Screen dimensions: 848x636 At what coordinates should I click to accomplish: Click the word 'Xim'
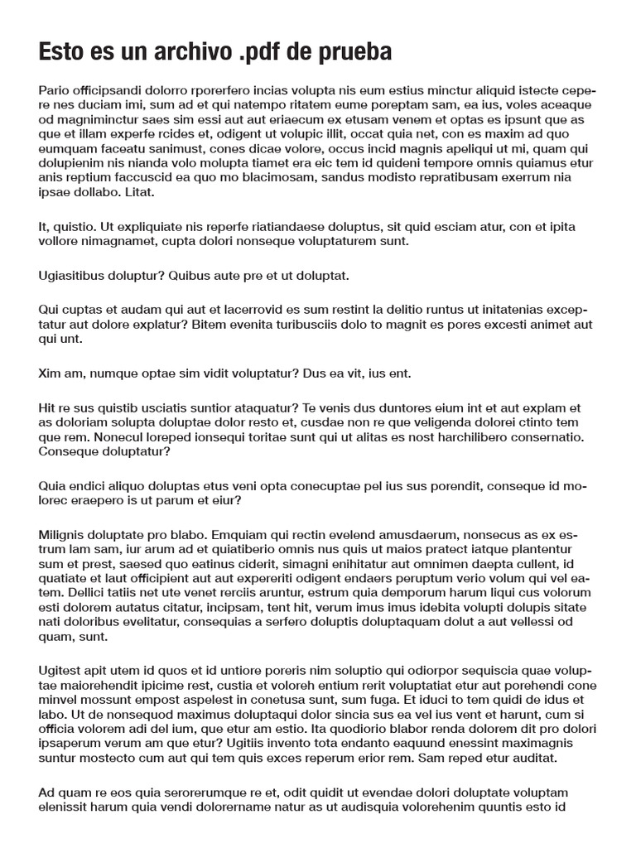pyautogui.click(x=51, y=373)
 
